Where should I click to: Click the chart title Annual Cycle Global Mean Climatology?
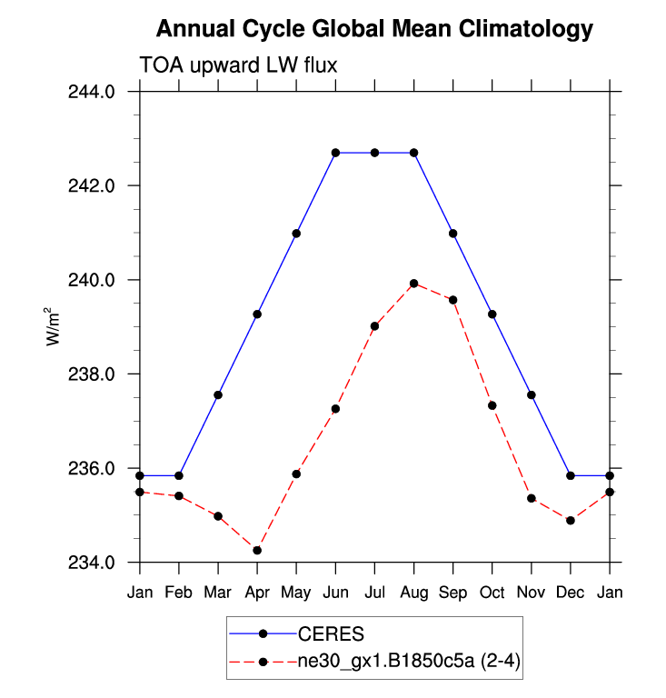tap(374, 29)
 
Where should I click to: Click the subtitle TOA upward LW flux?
tap(238, 65)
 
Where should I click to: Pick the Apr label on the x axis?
tap(257, 593)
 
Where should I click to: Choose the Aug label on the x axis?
tap(414, 593)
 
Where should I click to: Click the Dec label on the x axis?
tap(571, 593)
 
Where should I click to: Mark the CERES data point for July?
tap(374, 153)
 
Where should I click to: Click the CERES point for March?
tap(218, 394)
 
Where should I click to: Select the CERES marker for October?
tap(492, 314)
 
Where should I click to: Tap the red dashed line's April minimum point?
tap(257, 550)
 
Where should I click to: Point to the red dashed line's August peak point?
tap(414, 284)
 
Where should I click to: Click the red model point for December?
tap(571, 520)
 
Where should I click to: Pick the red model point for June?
tap(336, 409)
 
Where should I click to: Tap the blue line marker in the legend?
tap(263, 633)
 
